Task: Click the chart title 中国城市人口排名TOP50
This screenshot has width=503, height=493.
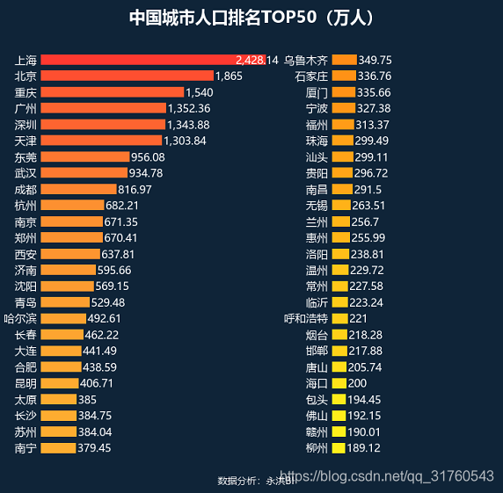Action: click(251, 18)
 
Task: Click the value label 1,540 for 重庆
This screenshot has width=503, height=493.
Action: click(200, 92)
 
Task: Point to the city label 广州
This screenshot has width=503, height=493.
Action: click(26, 108)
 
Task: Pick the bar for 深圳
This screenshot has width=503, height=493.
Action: click(102, 125)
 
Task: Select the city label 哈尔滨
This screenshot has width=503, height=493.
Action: click(20, 318)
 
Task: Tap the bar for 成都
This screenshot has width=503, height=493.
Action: click(78, 189)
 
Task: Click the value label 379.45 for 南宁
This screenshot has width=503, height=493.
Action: click(94, 447)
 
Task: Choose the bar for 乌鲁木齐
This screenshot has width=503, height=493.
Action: click(344, 60)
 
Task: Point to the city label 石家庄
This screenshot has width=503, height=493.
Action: click(310, 76)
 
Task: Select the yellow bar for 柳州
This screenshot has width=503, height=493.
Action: click(339, 447)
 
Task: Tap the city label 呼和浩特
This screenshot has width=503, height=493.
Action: click(305, 318)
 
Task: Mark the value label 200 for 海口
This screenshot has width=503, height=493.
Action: click(358, 383)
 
